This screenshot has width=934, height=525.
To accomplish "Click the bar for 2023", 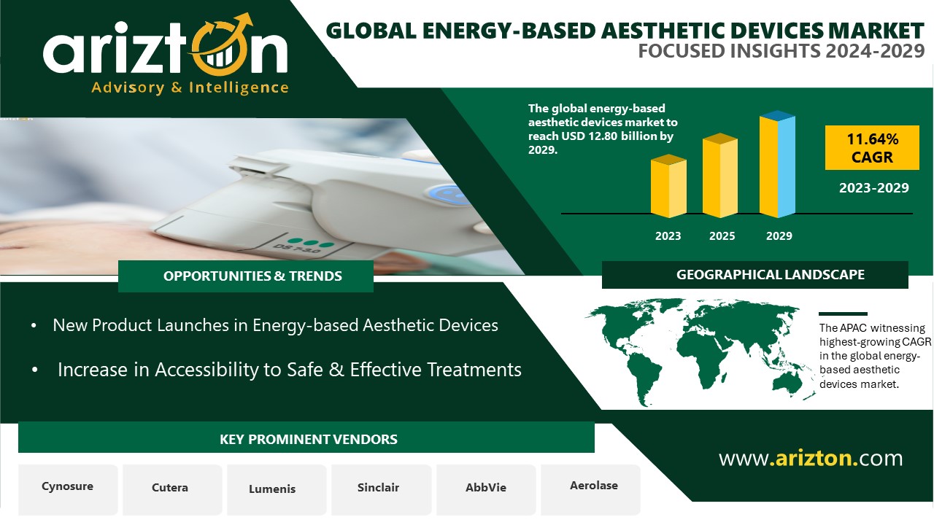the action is (668, 186).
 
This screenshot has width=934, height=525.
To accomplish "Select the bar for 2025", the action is (720, 176).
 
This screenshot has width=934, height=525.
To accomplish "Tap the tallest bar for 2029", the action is (777, 164).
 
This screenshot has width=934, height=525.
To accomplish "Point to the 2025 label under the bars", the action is (722, 236).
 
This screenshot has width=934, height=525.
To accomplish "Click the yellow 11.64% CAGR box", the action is (872, 147).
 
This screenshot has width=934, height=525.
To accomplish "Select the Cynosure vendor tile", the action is (68, 489).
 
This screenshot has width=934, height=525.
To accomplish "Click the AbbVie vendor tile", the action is (486, 489).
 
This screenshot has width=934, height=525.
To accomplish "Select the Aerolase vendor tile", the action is (591, 489).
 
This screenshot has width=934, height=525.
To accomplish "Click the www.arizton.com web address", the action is (811, 459).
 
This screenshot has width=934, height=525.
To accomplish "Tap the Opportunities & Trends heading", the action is (252, 276).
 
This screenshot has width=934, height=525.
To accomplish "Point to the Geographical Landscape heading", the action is (770, 275).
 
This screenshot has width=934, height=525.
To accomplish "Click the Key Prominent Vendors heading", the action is (308, 439).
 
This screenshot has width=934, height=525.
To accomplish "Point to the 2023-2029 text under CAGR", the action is (873, 188).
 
